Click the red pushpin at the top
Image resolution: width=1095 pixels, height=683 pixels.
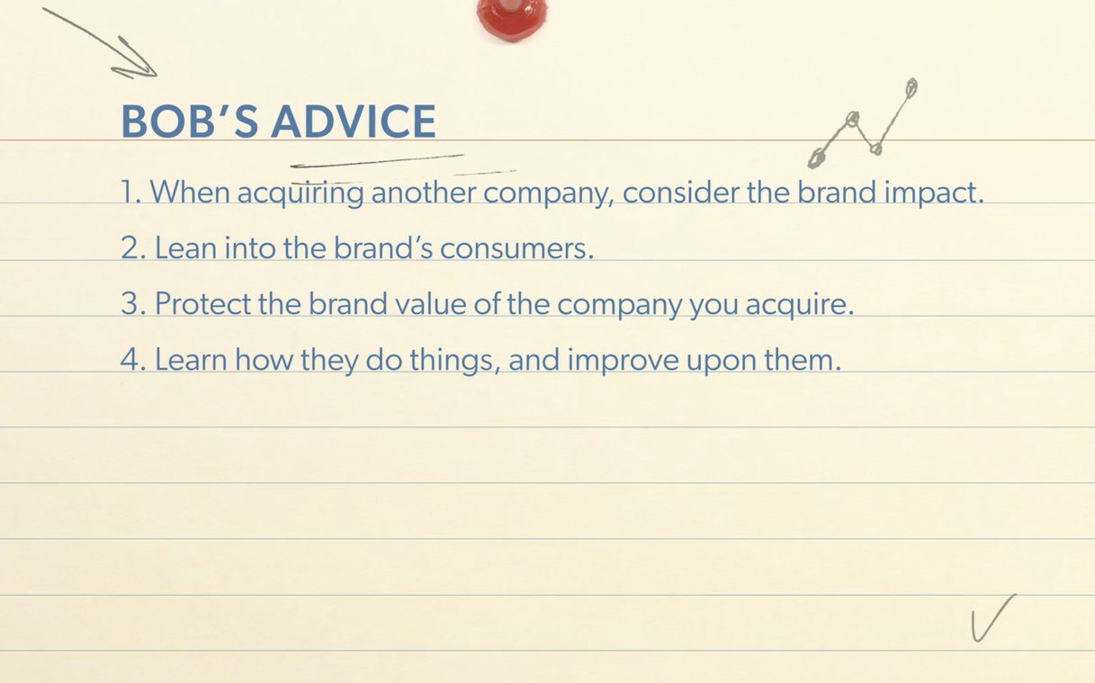coord(512,19)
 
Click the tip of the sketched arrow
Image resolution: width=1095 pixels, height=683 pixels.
coord(157,76)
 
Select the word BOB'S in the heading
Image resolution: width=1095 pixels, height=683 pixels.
coord(189,121)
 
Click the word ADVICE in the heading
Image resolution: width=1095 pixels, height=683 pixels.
coord(354,121)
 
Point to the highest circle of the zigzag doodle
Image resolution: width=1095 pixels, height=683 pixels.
coord(911,87)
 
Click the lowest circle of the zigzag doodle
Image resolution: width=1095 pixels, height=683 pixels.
coord(816,158)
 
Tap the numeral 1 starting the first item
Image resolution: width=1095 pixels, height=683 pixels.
coord(126,192)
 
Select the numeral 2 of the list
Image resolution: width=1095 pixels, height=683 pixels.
coord(130,247)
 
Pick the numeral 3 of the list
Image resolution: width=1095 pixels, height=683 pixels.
coord(130,303)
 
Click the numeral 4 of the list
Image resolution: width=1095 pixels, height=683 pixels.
coord(130,359)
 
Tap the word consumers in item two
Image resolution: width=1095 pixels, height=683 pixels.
coord(512,249)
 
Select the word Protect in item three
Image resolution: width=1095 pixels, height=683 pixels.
coord(202,303)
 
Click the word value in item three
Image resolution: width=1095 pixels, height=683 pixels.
coord(430,303)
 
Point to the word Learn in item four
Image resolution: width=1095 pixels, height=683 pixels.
coord(191,359)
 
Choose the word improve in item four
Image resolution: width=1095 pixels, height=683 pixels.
coord(624,361)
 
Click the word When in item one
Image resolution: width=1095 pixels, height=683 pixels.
coord(190,192)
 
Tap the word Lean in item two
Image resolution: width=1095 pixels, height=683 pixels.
coord(185,247)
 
